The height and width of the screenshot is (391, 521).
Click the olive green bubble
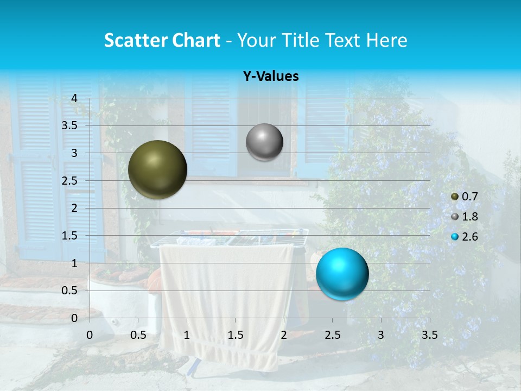157,169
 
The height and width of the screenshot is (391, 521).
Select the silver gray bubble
264,142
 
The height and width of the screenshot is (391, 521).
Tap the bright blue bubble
342,274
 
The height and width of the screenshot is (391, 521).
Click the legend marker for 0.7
455,197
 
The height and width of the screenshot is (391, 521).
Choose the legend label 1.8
469,217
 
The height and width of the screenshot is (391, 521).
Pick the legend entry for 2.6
469,237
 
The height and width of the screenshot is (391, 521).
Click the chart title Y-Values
270,77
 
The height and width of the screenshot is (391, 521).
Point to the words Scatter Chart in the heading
162,40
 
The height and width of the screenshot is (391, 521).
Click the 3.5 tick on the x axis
429,335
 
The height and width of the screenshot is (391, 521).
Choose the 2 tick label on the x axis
284,335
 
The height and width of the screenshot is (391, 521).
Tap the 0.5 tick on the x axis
138,335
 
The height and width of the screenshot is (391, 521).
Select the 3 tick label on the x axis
381,335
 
